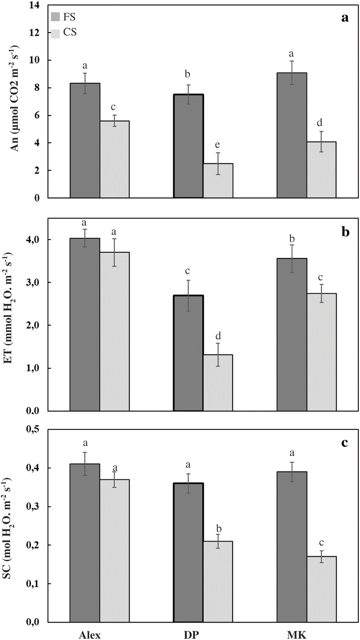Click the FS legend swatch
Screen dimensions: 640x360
tap(55, 17)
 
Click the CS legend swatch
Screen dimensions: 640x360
tap(55, 33)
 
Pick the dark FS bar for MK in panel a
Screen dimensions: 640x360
tap(292, 135)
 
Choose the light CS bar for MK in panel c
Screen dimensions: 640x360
tap(322, 589)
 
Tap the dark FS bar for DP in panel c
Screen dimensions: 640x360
tap(188, 552)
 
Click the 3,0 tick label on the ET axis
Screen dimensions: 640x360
tap(33, 282)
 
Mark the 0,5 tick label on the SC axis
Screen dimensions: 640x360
tap(33, 429)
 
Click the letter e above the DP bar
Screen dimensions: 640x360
tap(217, 145)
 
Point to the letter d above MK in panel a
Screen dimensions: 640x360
tap(320, 123)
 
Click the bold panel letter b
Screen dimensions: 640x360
tap(345, 232)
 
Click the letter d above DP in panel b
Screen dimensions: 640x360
tap(218, 336)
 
